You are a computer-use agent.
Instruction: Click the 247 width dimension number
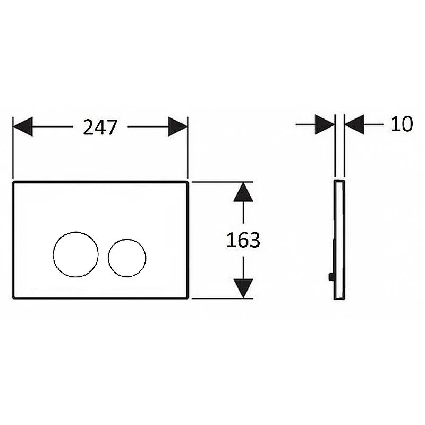pyautogui.click(x=100, y=127)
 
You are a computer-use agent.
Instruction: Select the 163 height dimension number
pyautogui.click(x=243, y=240)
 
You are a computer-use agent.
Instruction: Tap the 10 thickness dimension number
pyautogui.click(x=402, y=124)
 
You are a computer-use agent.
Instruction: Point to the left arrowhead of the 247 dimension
pyautogui.click(x=23, y=126)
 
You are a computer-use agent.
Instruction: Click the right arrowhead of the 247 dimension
pyautogui.click(x=178, y=126)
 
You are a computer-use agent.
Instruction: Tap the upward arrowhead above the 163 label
pyautogui.click(x=243, y=192)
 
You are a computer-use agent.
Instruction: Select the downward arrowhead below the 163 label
pyautogui.click(x=243, y=288)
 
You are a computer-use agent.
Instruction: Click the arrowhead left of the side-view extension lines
pyautogui.click(x=325, y=124)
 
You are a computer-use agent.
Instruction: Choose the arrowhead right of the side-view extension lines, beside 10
pyautogui.click(x=354, y=124)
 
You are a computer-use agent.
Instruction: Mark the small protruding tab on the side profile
pyautogui.click(x=331, y=277)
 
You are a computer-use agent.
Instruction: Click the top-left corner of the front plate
pyautogui.click(x=13, y=182)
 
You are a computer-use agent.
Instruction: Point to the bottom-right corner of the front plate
pyautogui.click(x=188, y=298)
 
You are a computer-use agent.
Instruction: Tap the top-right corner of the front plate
pyautogui.click(x=188, y=182)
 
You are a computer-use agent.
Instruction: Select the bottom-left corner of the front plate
pyautogui.click(x=13, y=298)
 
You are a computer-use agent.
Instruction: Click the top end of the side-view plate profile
pyautogui.click(x=339, y=180)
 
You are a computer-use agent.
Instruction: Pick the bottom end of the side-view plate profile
pyautogui.click(x=339, y=299)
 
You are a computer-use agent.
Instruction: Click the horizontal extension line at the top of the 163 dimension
pyautogui.click(x=222, y=182)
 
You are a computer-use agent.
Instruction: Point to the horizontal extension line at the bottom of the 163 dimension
pyautogui.click(x=222, y=299)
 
